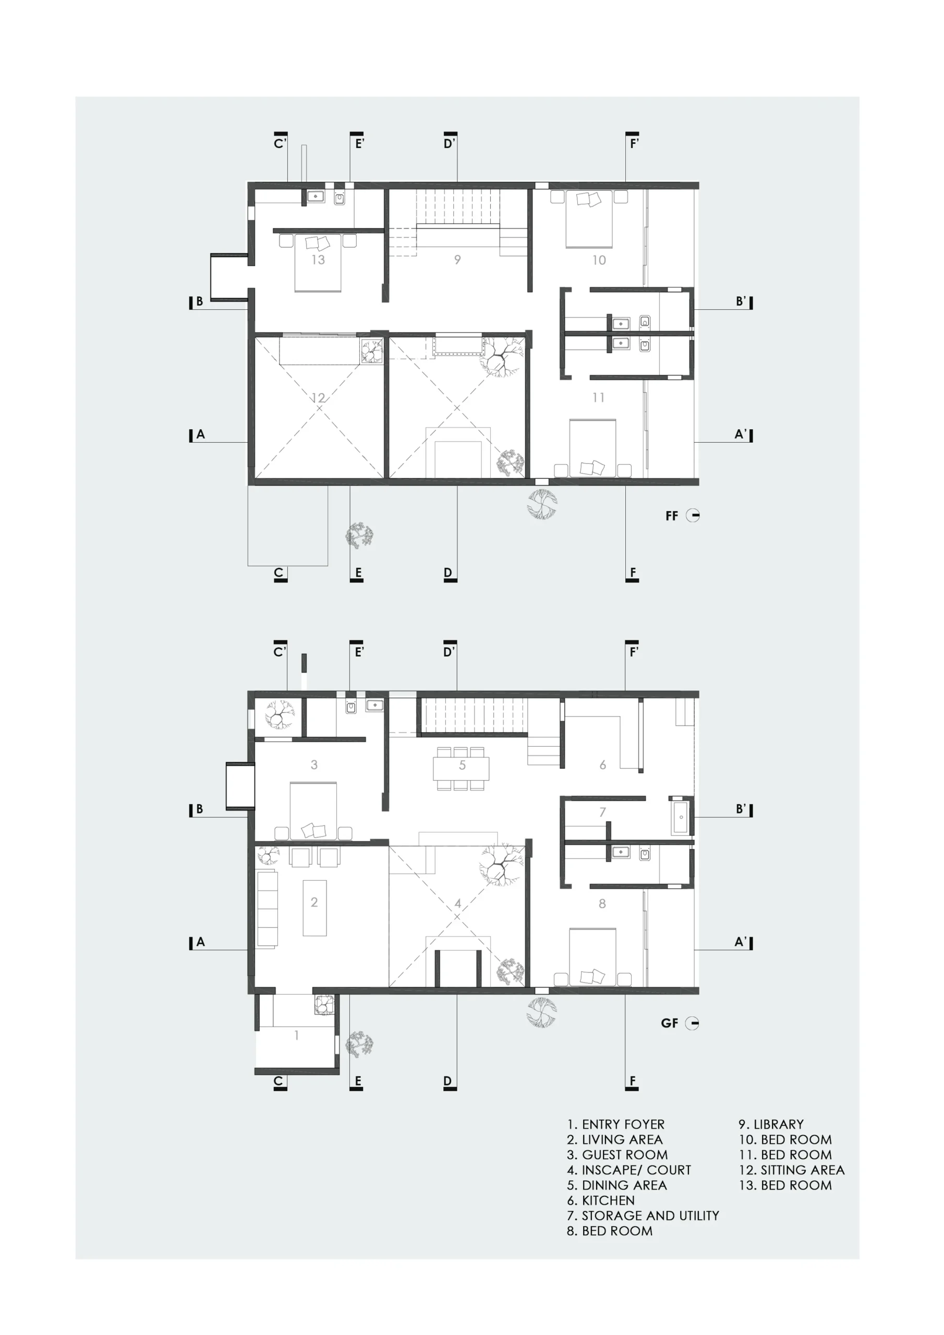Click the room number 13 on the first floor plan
pyautogui.click(x=318, y=259)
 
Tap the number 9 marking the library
pyautogui.click(x=458, y=260)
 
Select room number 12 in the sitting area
pyautogui.click(x=318, y=398)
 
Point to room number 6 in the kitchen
pyautogui.click(x=602, y=764)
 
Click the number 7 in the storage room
pyautogui.click(x=602, y=812)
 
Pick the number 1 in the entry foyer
pyautogui.click(x=297, y=1035)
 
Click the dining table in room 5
pyautogui.click(x=461, y=768)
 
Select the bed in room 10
pyautogui.click(x=589, y=219)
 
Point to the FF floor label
pyautogui.click(x=672, y=516)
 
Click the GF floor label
pyautogui.click(x=670, y=1023)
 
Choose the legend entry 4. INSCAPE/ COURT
pyautogui.click(x=629, y=1170)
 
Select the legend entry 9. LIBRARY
pyautogui.click(x=771, y=1124)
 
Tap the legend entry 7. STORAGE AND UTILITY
pyautogui.click(x=643, y=1215)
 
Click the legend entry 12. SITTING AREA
pyautogui.click(x=792, y=1170)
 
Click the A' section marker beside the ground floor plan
pyautogui.click(x=743, y=941)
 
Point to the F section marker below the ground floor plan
pyautogui.click(x=632, y=1082)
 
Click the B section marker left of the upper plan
pyautogui.click(x=197, y=301)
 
